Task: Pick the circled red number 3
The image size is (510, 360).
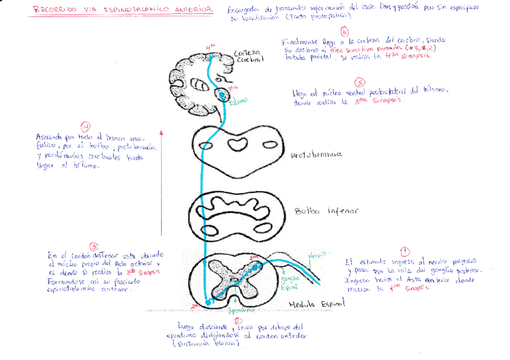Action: (x=94, y=246)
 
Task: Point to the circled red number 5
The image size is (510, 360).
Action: (x=360, y=82)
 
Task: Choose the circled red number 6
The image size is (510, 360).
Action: (x=344, y=32)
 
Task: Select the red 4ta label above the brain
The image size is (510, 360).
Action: (x=209, y=46)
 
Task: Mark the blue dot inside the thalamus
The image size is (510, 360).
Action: (x=223, y=95)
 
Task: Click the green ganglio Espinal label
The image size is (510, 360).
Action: (x=289, y=282)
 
